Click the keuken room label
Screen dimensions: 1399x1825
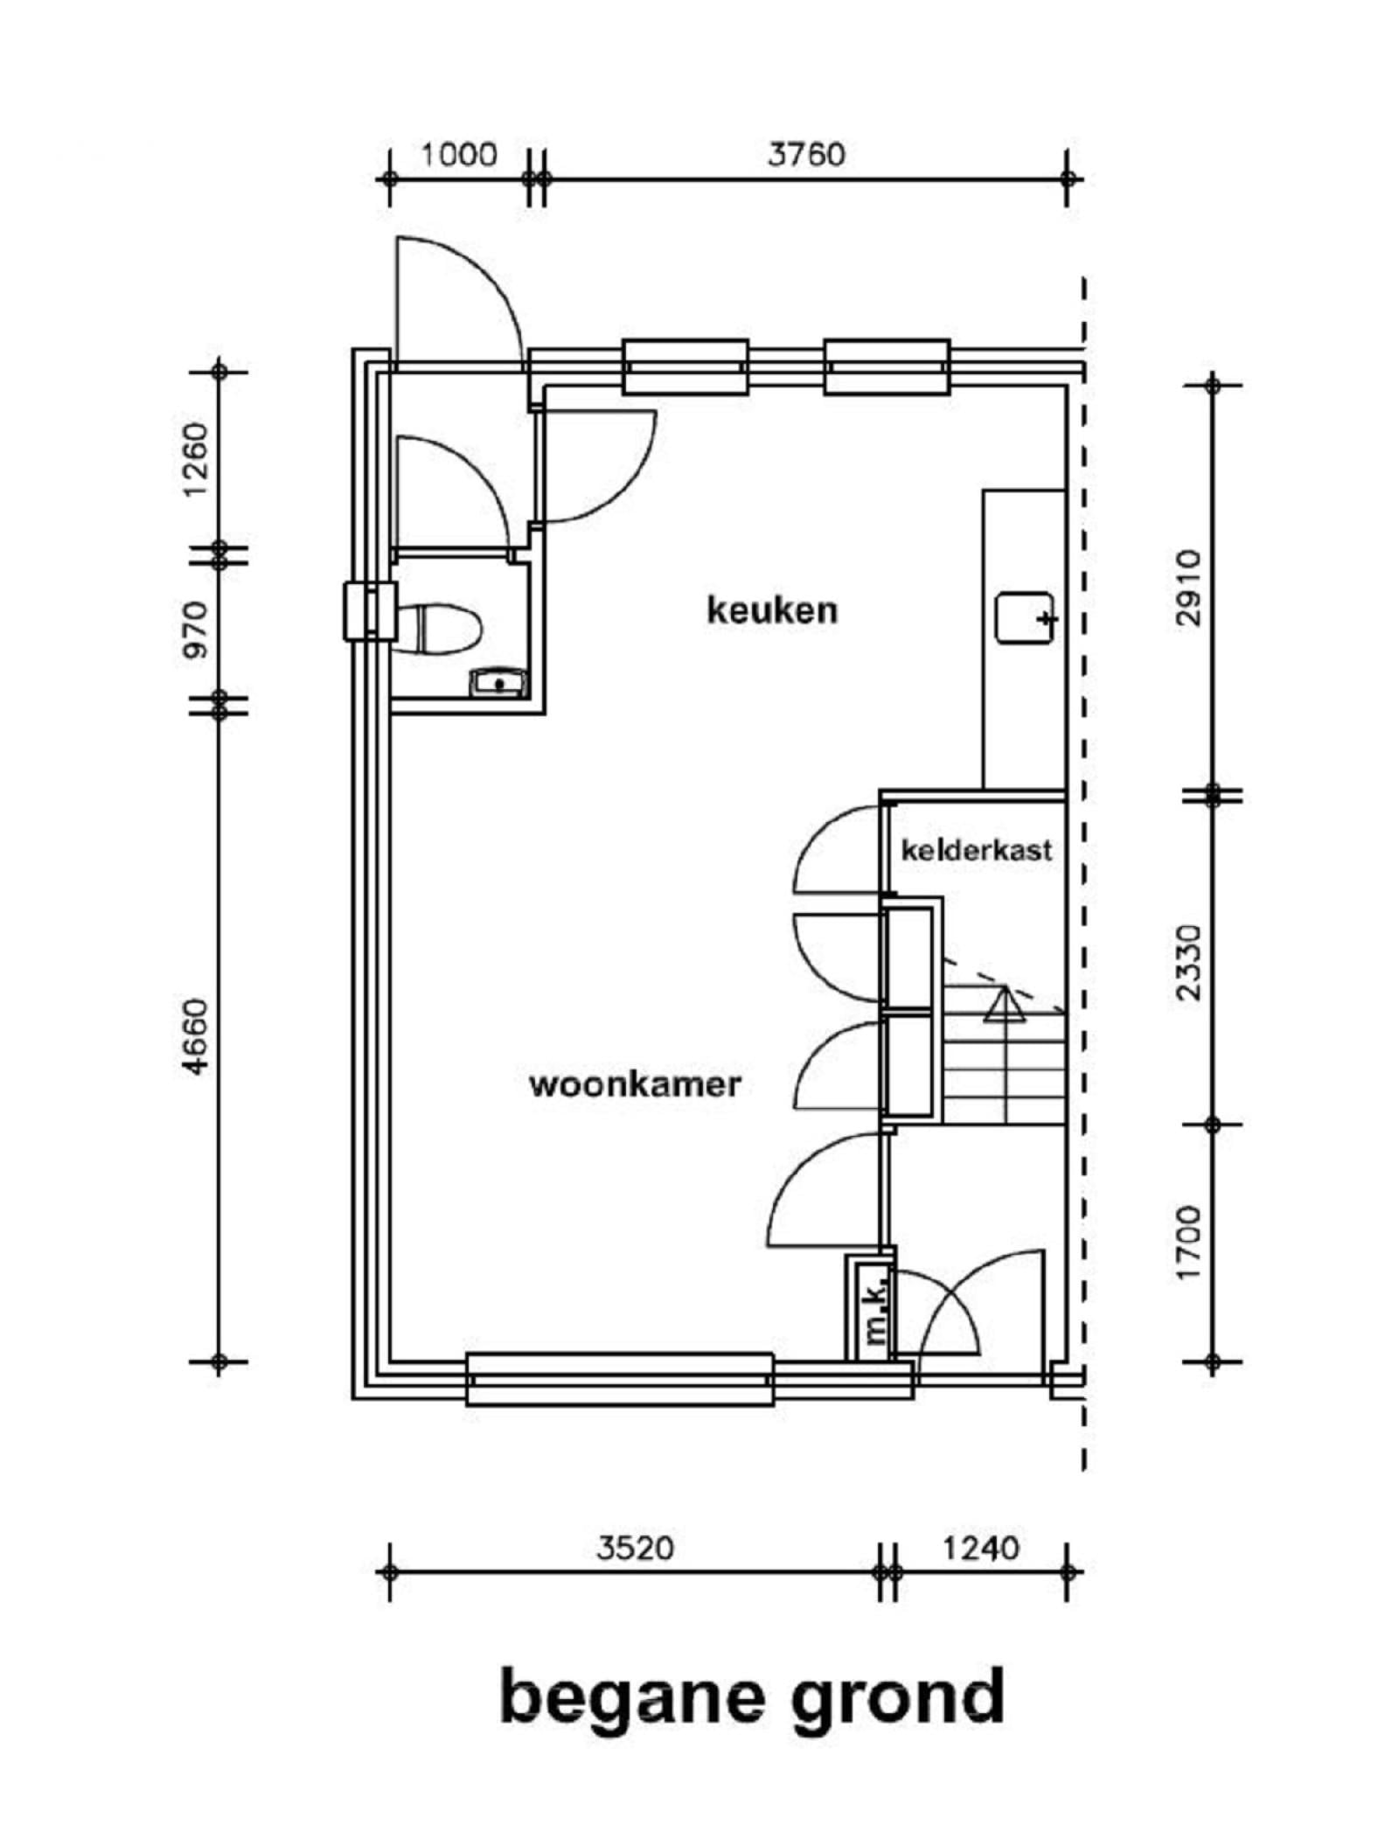pos(771,609)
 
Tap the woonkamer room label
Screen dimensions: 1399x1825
pos(636,1085)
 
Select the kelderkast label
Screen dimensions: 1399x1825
pos(976,850)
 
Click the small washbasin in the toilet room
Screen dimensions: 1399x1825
pos(499,682)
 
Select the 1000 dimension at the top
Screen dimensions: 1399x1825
pos(459,156)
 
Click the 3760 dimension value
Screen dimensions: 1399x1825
pos(806,155)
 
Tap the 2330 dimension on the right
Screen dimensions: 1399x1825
pos(1189,963)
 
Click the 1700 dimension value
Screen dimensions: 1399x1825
pos(1189,1243)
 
